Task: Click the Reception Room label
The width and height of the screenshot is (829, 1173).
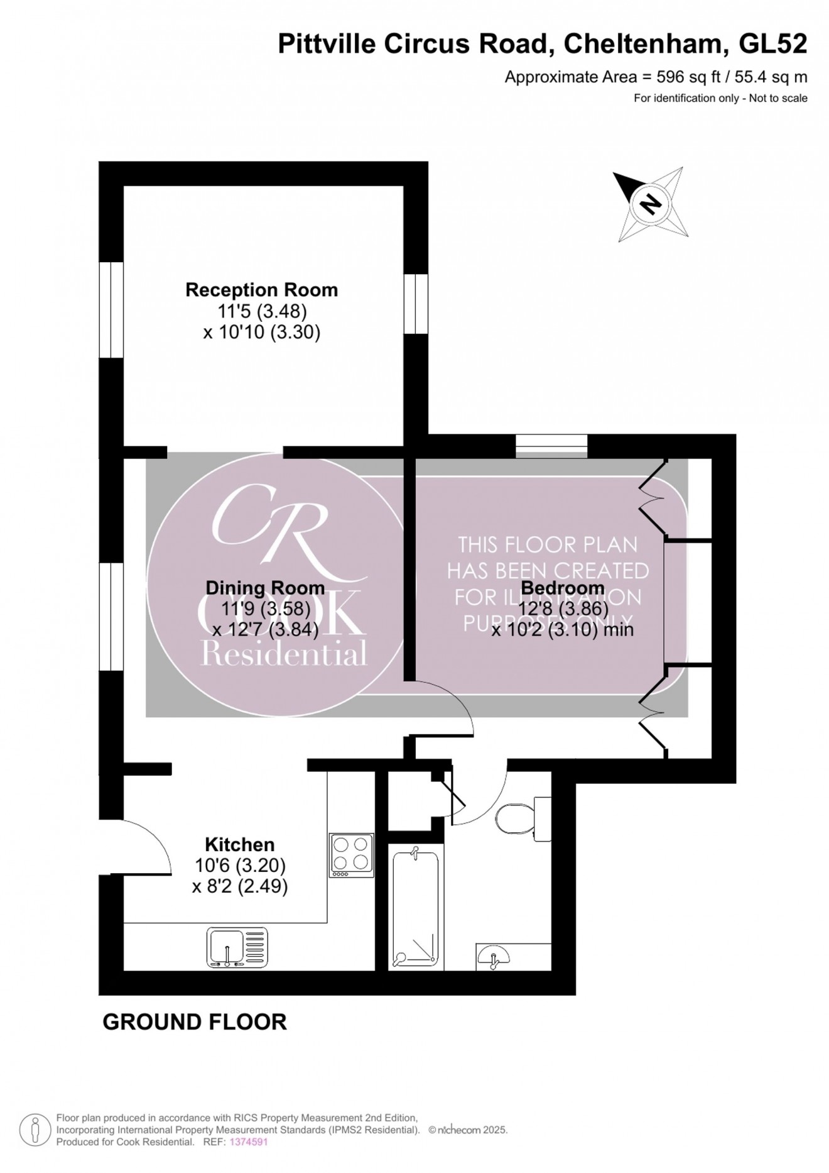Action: click(x=261, y=290)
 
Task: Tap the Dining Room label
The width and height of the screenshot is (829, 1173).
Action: click(x=265, y=588)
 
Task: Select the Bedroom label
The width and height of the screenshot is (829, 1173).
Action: click(x=563, y=588)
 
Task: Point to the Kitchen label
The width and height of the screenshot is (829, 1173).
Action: click(x=240, y=844)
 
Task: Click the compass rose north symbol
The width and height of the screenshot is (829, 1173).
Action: click(x=651, y=203)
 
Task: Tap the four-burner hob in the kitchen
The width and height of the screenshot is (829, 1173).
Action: click(x=352, y=855)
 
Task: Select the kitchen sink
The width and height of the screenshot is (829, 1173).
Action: click(x=237, y=947)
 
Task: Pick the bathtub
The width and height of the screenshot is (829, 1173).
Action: click(x=415, y=907)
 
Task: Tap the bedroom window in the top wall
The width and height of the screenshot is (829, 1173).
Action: click(x=551, y=446)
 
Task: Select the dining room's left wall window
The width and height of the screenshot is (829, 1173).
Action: click(x=111, y=616)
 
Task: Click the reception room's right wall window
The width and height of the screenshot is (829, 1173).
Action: click(x=415, y=304)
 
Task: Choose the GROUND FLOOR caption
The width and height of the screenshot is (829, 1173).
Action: click(x=195, y=1022)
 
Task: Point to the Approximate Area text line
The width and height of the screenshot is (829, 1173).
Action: click(x=656, y=77)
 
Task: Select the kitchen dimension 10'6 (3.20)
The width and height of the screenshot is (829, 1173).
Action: click(x=240, y=866)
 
